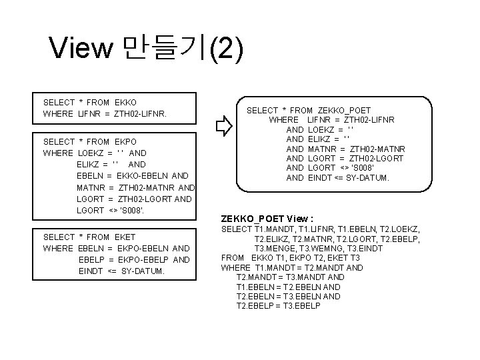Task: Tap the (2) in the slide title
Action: pyautogui.click(x=225, y=48)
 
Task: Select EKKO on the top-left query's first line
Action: pyautogui.click(x=125, y=102)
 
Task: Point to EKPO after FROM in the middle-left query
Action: pyautogui.click(x=125, y=141)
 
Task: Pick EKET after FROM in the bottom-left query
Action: pyautogui.click(x=124, y=237)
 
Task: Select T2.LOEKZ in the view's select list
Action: pyautogui.click(x=402, y=229)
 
